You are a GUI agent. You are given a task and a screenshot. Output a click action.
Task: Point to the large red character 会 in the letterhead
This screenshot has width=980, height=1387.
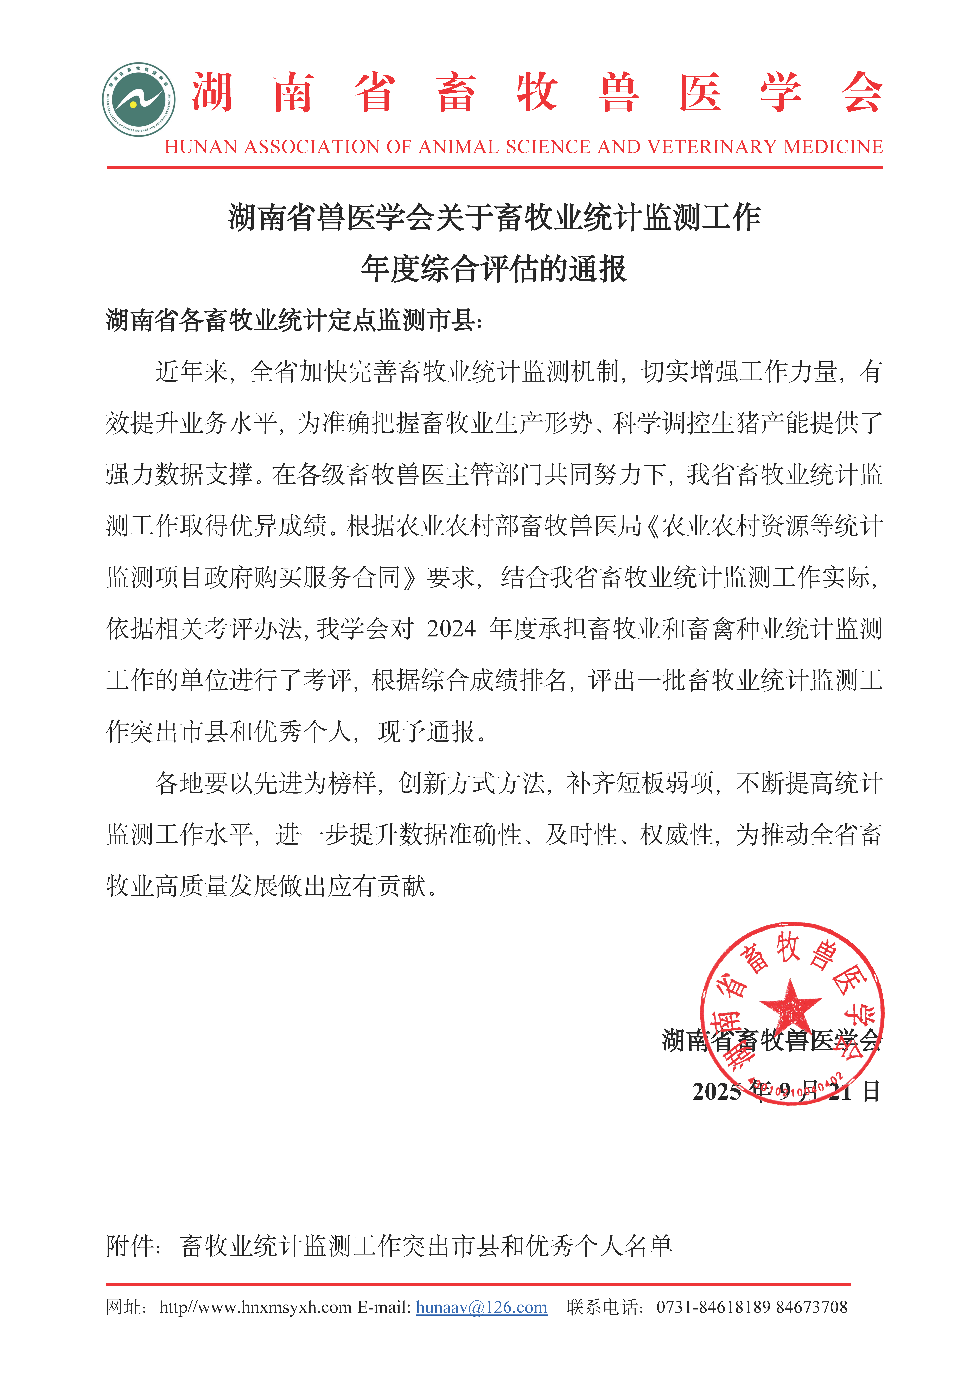(x=862, y=92)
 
